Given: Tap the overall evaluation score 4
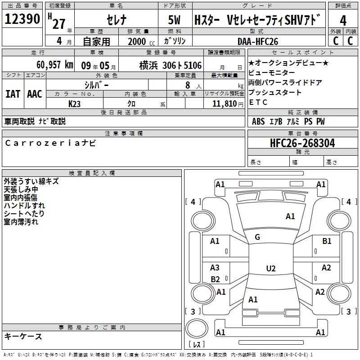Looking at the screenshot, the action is [343, 20].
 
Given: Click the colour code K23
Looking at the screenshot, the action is [74, 103].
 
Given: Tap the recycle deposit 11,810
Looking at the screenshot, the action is [224, 103].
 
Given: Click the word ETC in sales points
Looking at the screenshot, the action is [258, 103].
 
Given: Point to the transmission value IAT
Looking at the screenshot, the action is [13, 94].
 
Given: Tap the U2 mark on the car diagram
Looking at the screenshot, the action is [270, 269].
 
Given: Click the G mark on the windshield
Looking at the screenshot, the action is [257, 237].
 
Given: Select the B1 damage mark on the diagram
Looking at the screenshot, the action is [327, 241].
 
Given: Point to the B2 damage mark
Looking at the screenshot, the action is [215, 279].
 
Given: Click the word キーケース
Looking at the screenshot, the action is [23, 336].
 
